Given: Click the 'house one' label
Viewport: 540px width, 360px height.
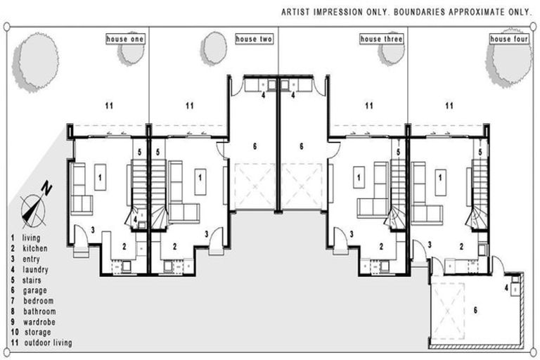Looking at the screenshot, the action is tap(125, 39).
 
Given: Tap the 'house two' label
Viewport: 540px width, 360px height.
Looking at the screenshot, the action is tap(254, 39).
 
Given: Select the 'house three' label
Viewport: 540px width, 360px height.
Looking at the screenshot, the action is tap(381, 39).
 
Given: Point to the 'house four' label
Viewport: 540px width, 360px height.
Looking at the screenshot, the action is tap(509, 39).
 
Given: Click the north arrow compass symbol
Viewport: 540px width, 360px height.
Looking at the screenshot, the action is tap(34, 207).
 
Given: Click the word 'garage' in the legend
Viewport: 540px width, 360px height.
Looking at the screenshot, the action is tap(34, 291).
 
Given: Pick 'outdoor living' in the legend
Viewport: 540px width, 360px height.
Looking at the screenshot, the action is tap(49, 343).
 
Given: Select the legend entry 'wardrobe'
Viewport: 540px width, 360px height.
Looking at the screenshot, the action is tap(39, 322).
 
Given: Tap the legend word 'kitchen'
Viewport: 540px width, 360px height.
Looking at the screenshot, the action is tap(35, 248).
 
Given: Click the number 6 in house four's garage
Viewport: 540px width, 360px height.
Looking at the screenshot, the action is tap(475, 310).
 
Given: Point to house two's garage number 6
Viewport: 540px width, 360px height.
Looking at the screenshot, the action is tap(255, 146).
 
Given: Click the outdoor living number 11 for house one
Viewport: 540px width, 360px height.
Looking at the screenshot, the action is tap(109, 105).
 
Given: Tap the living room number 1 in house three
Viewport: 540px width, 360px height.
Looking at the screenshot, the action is tap(359, 178).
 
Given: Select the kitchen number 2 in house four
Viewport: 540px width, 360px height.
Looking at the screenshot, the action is tap(461, 247).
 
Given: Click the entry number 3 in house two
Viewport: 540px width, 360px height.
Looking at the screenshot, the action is tap(207, 234).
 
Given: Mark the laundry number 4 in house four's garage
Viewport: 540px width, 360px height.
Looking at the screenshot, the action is tap(506, 288).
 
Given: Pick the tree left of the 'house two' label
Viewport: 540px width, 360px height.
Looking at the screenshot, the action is tap(214, 49).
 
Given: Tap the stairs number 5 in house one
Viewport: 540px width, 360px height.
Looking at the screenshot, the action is tap(139, 152).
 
